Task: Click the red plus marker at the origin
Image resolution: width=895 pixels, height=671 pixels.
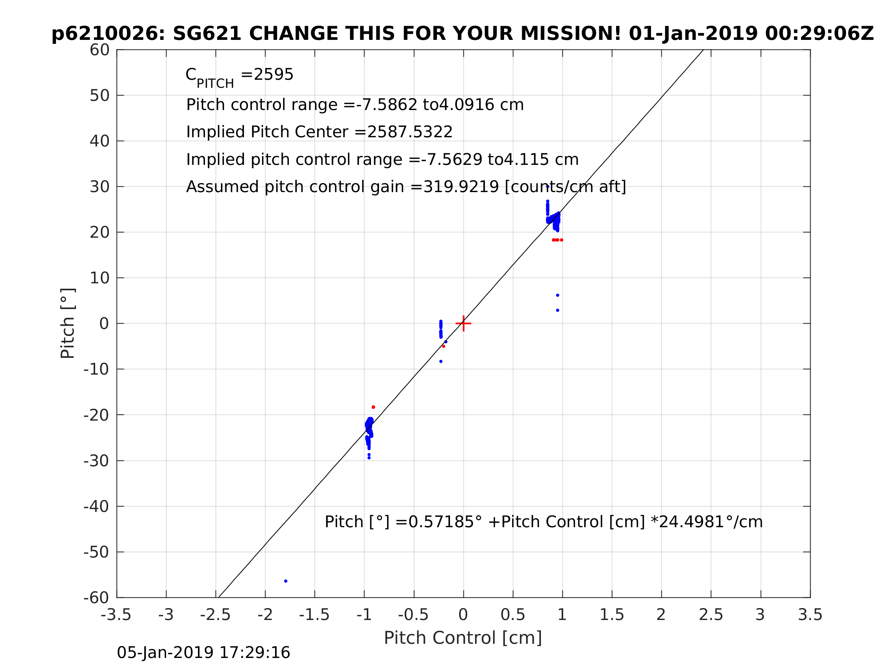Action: click(463, 323)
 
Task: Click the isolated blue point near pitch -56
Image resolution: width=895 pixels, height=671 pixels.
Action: click(286, 581)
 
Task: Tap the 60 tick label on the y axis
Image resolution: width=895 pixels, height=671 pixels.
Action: click(99, 50)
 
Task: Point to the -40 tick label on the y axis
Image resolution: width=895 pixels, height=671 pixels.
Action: click(96, 507)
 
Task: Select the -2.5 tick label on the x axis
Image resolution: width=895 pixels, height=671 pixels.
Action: click(215, 615)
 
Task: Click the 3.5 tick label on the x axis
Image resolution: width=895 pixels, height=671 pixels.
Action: click(810, 615)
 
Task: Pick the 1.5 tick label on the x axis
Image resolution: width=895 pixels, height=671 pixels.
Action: click(612, 615)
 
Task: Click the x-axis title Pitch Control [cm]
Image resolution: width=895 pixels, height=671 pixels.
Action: click(463, 638)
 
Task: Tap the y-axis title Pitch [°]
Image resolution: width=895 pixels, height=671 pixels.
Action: click(68, 323)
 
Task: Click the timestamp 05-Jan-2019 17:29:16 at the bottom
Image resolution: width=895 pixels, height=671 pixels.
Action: click(204, 653)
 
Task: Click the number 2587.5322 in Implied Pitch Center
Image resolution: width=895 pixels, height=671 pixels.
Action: click(409, 132)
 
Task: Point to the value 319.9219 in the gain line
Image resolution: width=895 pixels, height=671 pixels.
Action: click(460, 187)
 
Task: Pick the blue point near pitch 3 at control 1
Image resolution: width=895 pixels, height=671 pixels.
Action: click(557, 310)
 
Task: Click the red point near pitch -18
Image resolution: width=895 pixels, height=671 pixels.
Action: click(373, 407)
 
